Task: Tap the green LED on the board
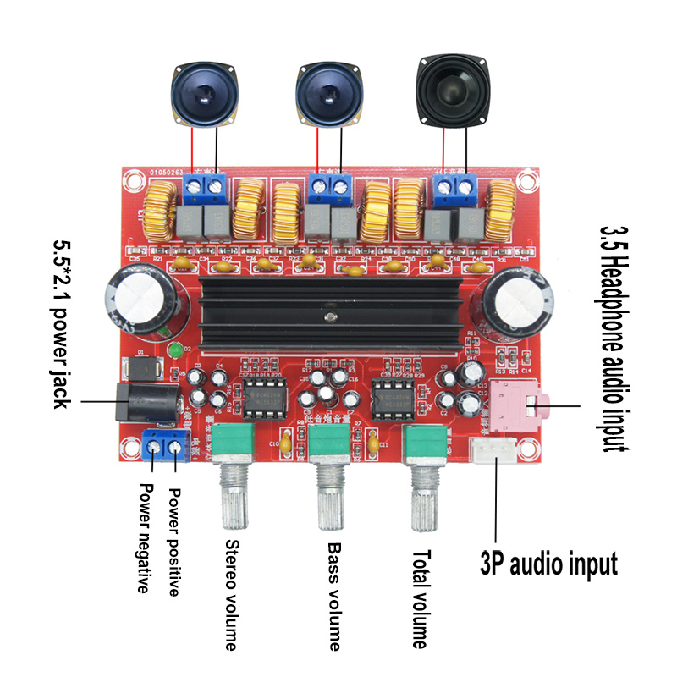click(x=175, y=350)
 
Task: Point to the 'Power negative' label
click(x=146, y=538)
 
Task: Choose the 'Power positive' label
click(x=174, y=542)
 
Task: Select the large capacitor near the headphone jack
click(x=515, y=303)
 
